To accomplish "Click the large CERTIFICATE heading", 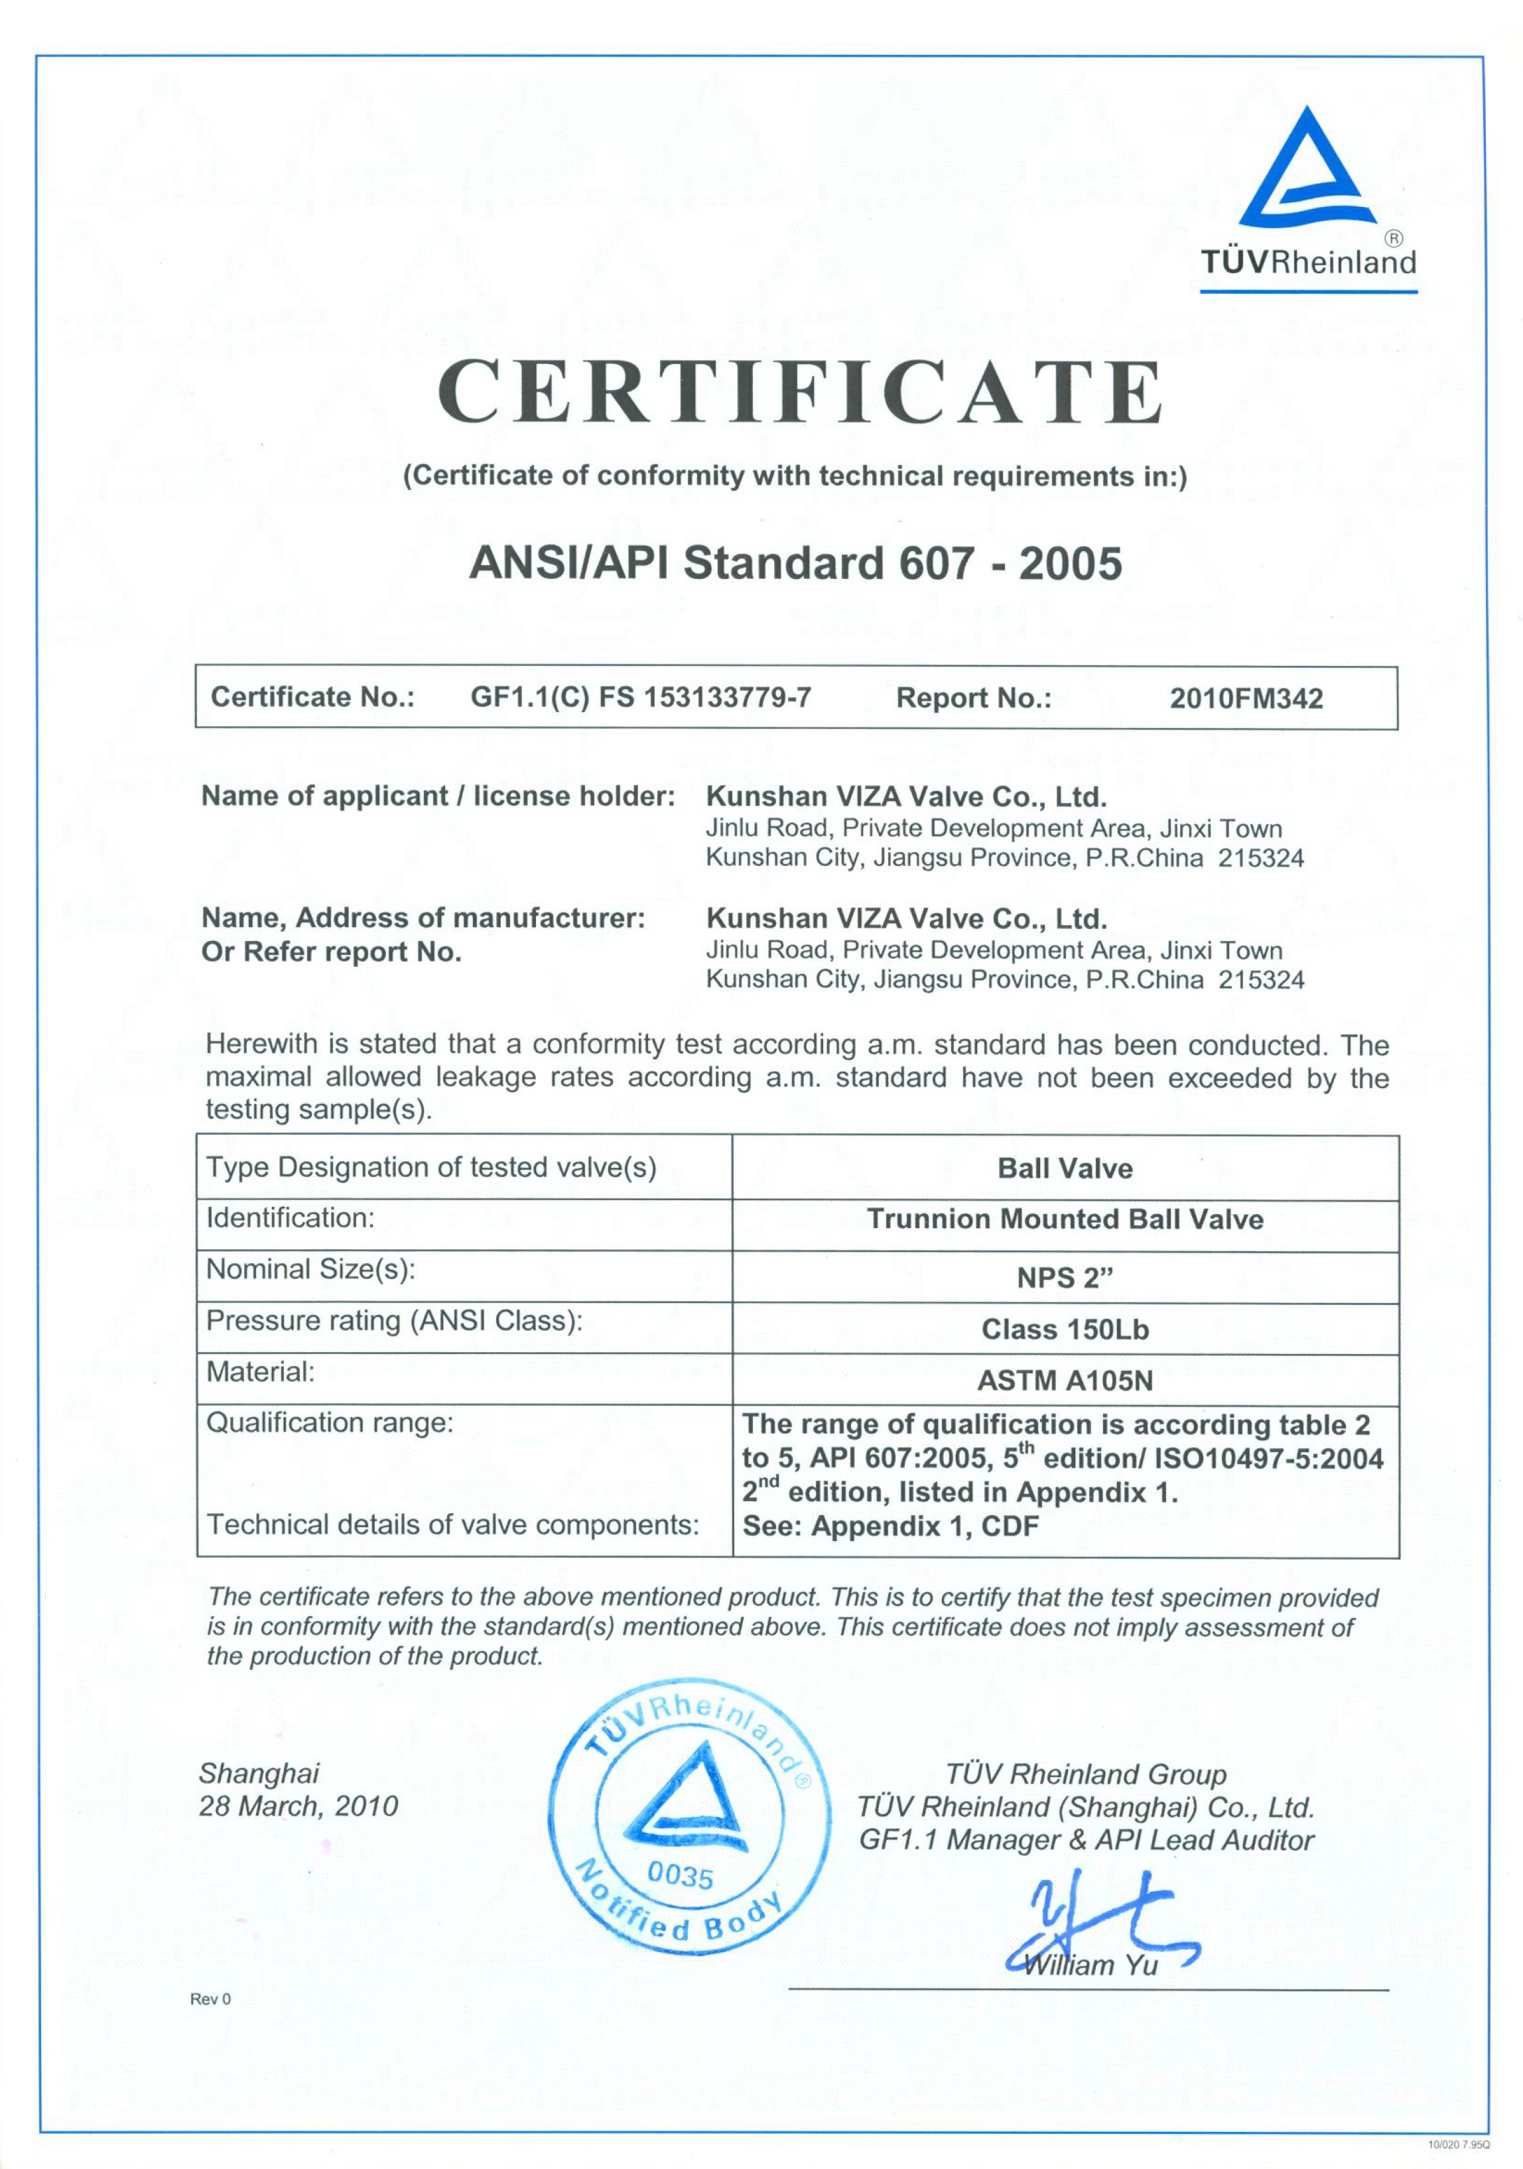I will pos(799,391).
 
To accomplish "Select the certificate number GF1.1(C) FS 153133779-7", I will pos(641,697).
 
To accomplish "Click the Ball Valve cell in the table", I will pos(1065,1168).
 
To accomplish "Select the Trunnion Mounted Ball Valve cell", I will pos(1065,1219).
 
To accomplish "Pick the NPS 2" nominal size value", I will pos(1065,1278).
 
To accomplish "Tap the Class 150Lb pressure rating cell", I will pos(1065,1330).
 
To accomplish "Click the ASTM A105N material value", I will pos(1065,1381).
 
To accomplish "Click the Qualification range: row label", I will pos(330,1423).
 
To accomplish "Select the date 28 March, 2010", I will pos(298,1806).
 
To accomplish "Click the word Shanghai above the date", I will pos(259,1773).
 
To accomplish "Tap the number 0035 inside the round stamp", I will pos(681,1875).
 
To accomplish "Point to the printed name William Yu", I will pos(1091,1966).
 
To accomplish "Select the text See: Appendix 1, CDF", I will pos(890,1526).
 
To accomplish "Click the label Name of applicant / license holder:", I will pos(438,796).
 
